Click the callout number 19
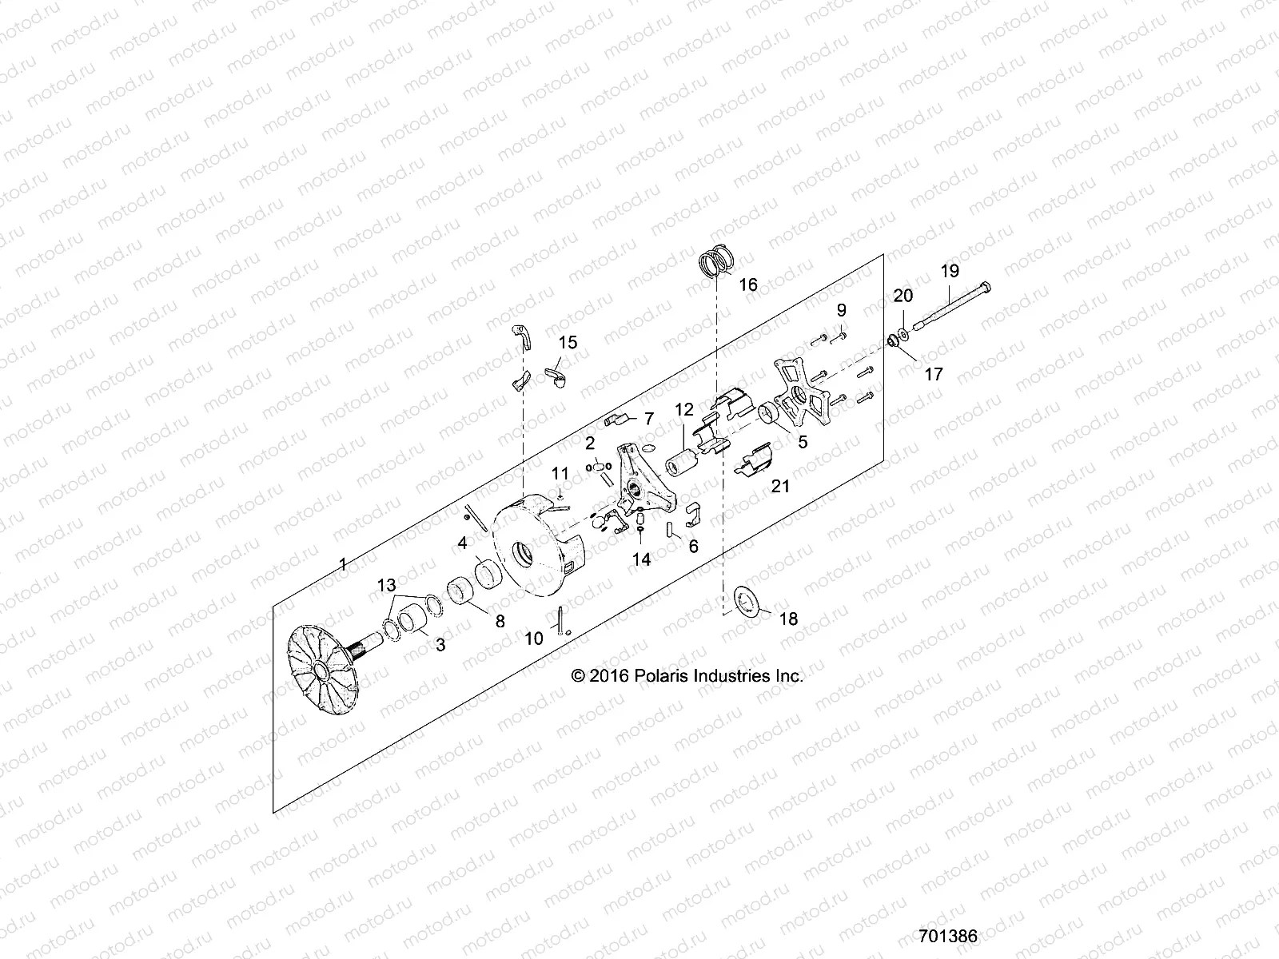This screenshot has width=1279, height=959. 949,271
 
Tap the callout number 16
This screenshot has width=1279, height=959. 747,285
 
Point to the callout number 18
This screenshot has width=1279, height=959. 788,619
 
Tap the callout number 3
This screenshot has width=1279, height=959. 440,644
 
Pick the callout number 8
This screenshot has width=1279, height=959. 500,620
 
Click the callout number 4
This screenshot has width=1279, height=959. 462,543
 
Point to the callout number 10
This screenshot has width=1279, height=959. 533,638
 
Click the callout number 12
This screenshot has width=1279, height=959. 683,410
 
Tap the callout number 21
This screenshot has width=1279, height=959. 780,485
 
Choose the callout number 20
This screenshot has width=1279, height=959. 902,295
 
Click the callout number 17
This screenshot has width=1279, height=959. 933,373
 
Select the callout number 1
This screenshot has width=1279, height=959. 343,565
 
